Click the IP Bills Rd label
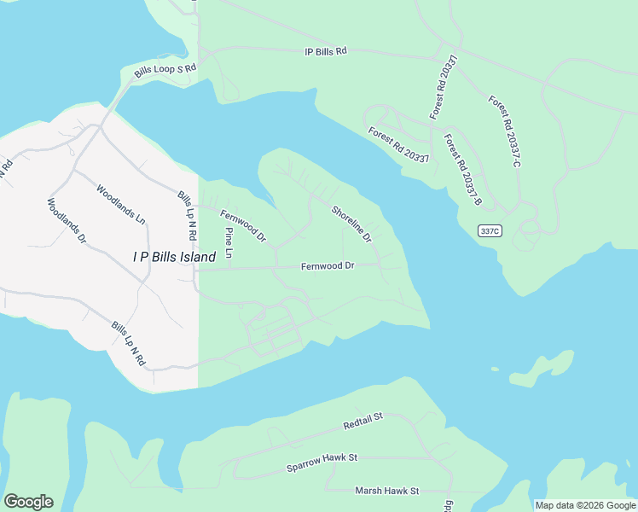click(326, 51)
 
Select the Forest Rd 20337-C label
click(504, 130)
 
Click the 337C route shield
click(489, 230)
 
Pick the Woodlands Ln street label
click(120, 204)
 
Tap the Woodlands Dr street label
click(67, 222)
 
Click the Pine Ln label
click(229, 243)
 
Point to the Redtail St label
click(364, 421)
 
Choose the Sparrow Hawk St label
click(322, 463)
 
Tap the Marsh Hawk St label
click(387, 491)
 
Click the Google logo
click(28, 502)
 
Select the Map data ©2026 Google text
click(586, 505)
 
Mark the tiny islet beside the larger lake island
click(495, 369)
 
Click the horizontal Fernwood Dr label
click(328, 266)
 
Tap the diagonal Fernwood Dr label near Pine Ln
click(243, 225)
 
